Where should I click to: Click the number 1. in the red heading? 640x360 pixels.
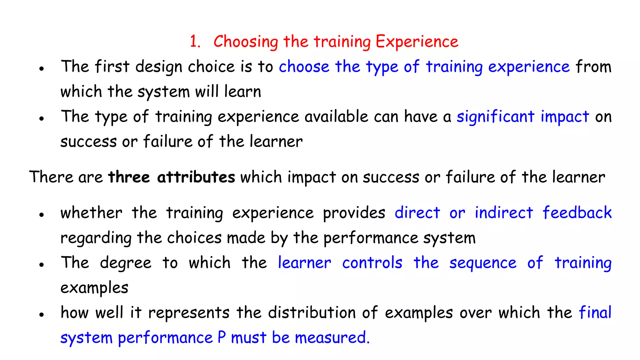coord(195,42)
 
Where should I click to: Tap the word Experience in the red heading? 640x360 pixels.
coord(417,42)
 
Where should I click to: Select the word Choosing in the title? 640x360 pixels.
coord(246,42)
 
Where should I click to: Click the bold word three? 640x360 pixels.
coord(129,177)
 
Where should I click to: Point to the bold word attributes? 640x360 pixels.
coord(196,177)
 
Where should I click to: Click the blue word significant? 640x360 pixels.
coord(496,117)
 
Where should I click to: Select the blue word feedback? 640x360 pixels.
coord(577,213)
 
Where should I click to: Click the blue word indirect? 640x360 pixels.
coord(504,213)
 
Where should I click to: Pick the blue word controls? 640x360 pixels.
coord(372,263)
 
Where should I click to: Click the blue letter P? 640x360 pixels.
coord(222,337)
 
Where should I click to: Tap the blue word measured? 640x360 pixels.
coord(332,338)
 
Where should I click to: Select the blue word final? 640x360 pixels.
coord(595,312)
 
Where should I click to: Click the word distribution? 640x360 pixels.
coord(312,312)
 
